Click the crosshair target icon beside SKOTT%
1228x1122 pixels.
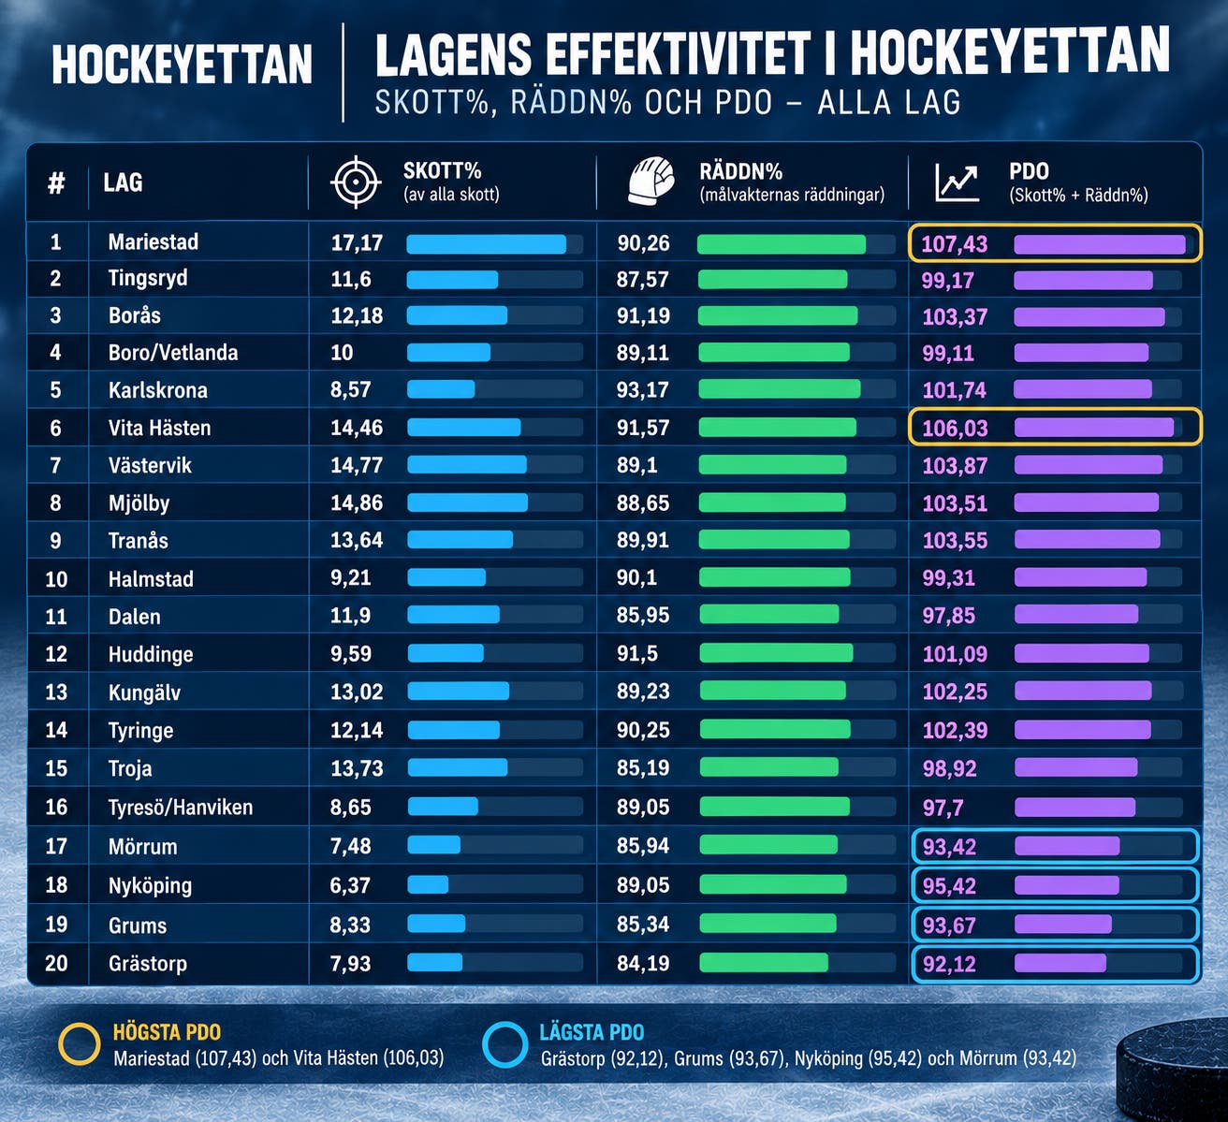pos(356,182)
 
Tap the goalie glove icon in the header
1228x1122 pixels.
pos(651,182)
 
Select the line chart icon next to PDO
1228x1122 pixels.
pos(957,183)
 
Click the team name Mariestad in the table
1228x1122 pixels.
pos(153,241)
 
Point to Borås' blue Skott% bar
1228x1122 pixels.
pos(458,315)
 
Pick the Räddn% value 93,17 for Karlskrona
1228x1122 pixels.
pos(643,390)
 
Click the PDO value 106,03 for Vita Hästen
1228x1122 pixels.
pos(955,428)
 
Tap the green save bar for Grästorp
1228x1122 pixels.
pos(764,962)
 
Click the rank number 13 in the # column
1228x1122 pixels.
pos(56,692)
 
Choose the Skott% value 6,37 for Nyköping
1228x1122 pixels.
pos(350,885)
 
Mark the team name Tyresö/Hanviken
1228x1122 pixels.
pos(181,808)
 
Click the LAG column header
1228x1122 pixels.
pos(123,182)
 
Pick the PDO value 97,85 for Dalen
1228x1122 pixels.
pos(949,616)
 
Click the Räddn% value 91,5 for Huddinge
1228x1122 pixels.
pos(636,654)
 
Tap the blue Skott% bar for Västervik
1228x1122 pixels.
pos(467,464)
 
